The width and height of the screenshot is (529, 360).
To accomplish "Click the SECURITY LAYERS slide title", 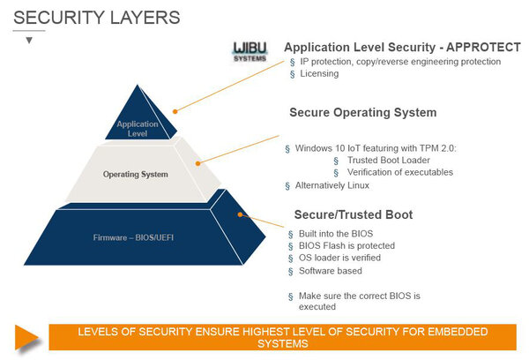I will click(98, 17).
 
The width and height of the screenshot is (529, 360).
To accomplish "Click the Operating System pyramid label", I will click(135, 175).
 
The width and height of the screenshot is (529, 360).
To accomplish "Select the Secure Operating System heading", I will click(363, 113).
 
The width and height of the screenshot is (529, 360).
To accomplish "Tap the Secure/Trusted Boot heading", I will click(351, 214).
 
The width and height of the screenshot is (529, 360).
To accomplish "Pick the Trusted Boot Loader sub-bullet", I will click(388, 160).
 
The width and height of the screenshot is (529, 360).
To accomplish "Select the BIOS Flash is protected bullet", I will click(346, 245).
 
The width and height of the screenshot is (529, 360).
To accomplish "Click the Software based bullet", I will click(331, 270).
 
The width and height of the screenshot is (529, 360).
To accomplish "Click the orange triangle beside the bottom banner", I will click(26, 336).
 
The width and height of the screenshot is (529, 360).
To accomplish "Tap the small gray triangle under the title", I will click(29, 41).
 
